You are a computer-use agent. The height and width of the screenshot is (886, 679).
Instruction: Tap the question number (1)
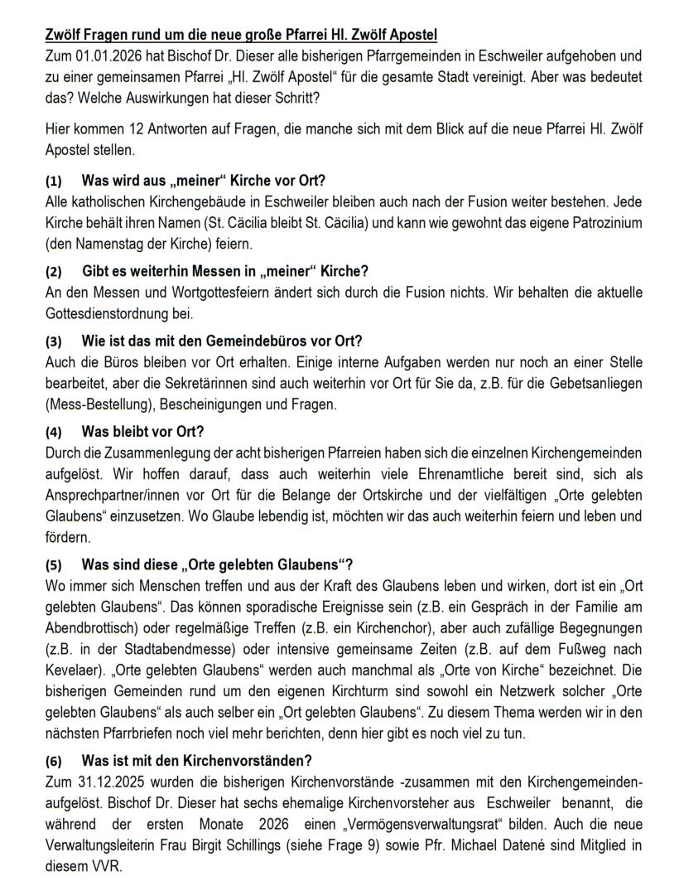[53, 181]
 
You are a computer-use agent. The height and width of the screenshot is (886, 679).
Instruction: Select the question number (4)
[53, 432]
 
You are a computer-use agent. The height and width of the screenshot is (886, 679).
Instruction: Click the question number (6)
[53, 761]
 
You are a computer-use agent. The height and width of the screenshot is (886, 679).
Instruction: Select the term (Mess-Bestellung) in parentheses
[97, 405]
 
